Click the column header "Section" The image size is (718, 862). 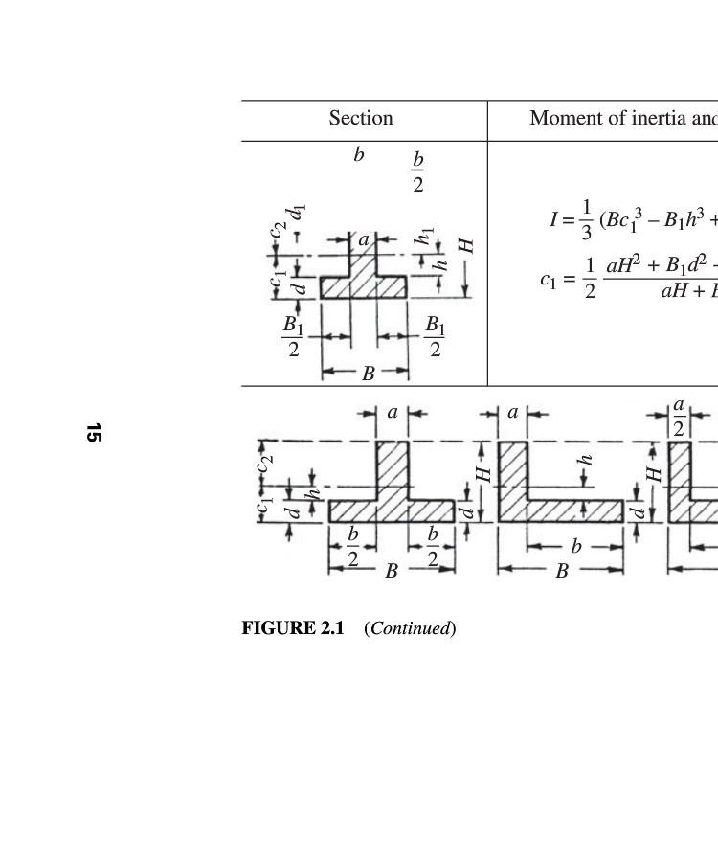[x=361, y=118]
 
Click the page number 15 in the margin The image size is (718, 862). [x=93, y=433]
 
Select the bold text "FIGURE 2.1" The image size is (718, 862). [x=292, y=628]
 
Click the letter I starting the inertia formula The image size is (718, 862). [x=554, y=219]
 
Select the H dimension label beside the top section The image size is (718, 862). [x=467, y=246]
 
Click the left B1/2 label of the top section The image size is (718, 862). [x=294, y=337]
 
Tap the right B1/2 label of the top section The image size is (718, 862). [x=435, y=337]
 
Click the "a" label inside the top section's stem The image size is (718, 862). [x=363, y=241]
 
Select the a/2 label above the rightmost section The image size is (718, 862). [x=679, y=419]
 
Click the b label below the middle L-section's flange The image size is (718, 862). [x=575, y=547]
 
